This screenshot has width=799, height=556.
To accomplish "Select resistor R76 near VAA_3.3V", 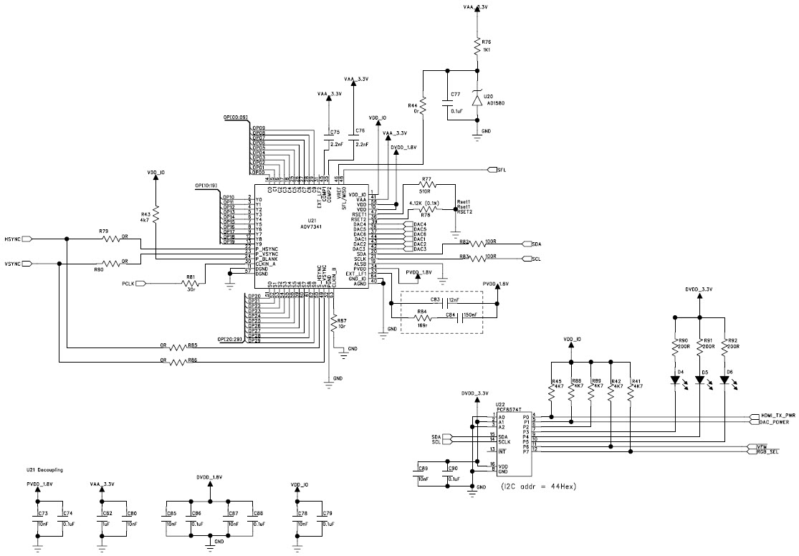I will tap(477, 47).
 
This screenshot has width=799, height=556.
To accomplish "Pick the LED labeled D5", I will tap(700, 382).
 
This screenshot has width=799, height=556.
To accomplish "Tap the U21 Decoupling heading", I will tap(44, 470).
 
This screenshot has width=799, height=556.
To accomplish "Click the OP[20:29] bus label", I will tap(231, 338).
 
